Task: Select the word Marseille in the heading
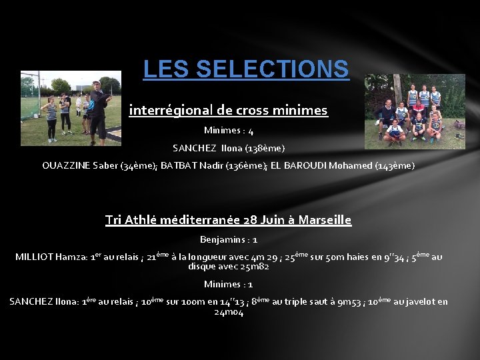click(x=325, y=220)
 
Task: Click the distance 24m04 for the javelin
click(x=228, y=312)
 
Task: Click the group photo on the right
click(x=415, y=111)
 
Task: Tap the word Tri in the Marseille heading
click(x=115, y=220)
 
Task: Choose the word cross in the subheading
click(x=247, y=110)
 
